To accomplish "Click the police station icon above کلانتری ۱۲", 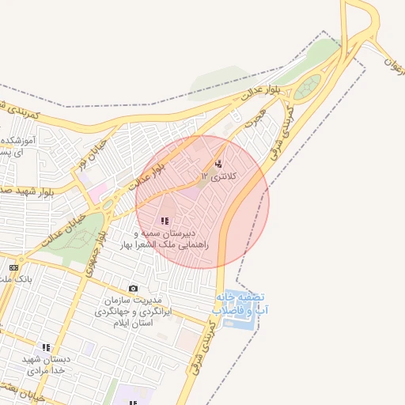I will [x=218, y=165].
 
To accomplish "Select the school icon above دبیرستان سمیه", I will [x=165, y=221].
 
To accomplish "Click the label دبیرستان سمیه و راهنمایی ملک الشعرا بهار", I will [x=165, y=240].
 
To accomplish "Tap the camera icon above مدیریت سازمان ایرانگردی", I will [x=133, y=289].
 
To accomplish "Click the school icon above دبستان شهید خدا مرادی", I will [x=46, y=346].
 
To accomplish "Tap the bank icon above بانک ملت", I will [x=13, y=268].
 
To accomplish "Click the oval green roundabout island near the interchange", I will [x=312, y=85].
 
